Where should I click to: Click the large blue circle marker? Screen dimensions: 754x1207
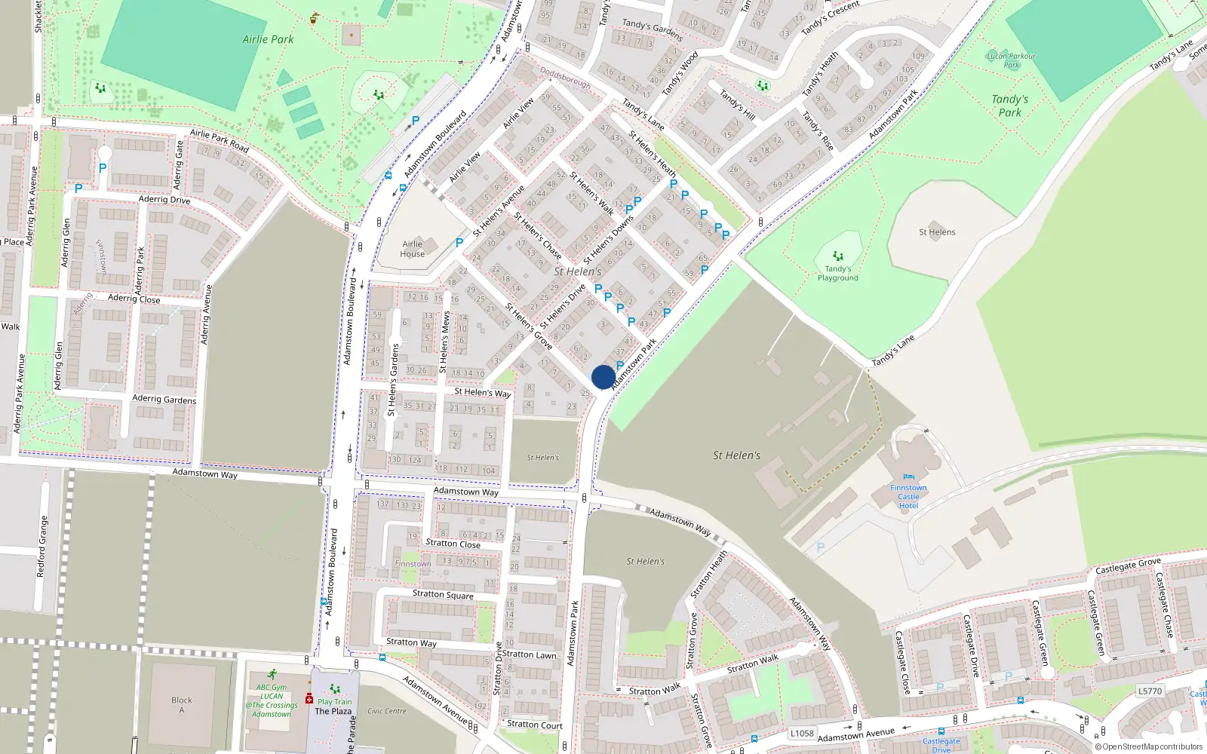(603, 377)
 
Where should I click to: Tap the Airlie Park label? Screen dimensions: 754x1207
(268, 39)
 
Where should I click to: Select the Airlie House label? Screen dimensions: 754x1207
(412, 249)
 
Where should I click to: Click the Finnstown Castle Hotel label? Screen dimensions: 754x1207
(908, 496)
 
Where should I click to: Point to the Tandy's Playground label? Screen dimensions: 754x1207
(837, 273)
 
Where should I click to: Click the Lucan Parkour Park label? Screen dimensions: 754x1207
(1011, 60)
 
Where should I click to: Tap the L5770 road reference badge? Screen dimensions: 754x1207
(1150, 691)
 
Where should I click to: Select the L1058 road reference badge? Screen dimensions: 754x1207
(802, 733)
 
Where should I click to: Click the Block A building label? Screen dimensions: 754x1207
(181, 705)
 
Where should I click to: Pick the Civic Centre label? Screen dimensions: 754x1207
(386, 711)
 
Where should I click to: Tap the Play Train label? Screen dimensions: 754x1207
(334, 701)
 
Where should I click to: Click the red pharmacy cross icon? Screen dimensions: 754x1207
(309, 698)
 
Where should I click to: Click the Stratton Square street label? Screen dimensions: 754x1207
(443, 594)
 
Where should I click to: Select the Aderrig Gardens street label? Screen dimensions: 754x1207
(164, 399)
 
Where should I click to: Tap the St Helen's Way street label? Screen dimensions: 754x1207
(482, 392)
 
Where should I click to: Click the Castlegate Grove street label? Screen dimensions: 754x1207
(1128, 565)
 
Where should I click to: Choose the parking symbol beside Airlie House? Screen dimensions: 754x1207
(459, 243)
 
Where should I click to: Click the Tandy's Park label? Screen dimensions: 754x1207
(1009, 106)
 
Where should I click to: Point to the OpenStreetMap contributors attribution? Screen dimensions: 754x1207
(1149, 746)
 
